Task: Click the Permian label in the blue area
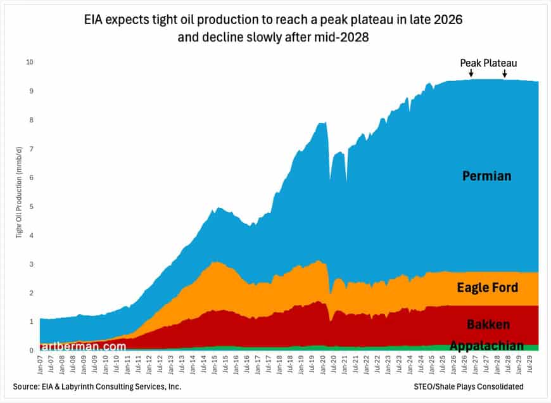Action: pos(486,176)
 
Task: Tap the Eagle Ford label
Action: pos(487,288)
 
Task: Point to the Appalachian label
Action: pos(486,345)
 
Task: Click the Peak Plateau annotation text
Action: pos(488,63)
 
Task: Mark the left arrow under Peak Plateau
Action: pos(471,74)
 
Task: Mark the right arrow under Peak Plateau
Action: pos(505,74)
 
